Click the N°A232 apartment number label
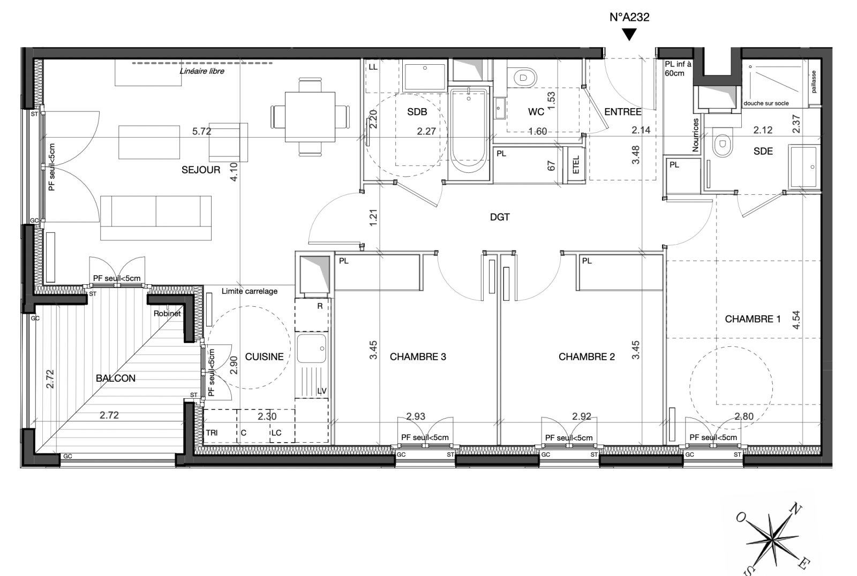[629, 17]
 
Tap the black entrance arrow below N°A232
[629, 35]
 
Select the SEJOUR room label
[201, 170]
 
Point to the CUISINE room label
[265, 357]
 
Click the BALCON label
[116, 378]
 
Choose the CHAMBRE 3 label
[418, 357]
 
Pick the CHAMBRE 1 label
[753, 319]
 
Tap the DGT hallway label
[500, 217]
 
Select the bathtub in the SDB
[469, 134]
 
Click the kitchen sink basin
[312, 348]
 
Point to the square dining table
[310, 117]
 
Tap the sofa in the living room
[156, 218]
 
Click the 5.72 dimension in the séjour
[201, 131]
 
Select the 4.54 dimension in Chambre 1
[796, 320]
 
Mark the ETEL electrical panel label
[576, 164]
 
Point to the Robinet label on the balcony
[167, 314]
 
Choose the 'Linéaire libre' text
[202, 71]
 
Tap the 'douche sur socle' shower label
[766, 103]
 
